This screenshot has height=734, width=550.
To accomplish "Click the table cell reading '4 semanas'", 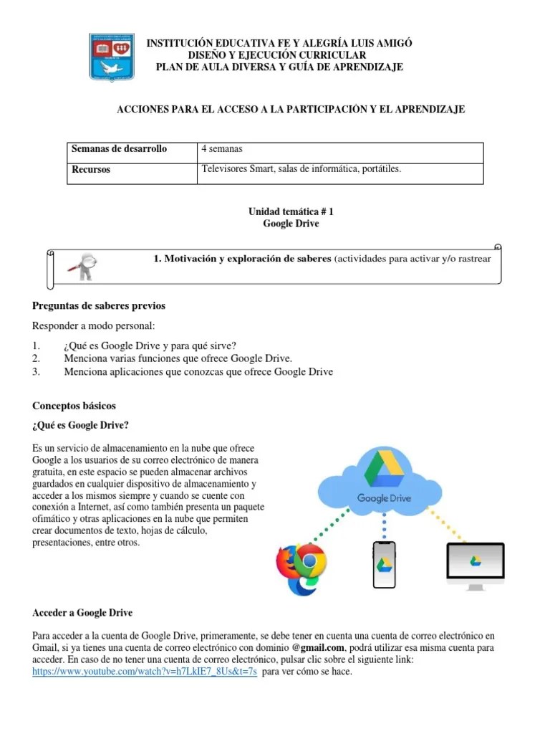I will pyautogui.click(x=222, y=149).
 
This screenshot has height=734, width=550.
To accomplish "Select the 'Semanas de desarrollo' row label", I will pyautogui.click(x=119, y=149).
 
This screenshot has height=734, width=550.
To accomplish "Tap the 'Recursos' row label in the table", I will pyautogui.click(x=91, y=171).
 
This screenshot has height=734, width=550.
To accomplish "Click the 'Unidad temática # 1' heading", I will pyautogui.click(x=291, y=212).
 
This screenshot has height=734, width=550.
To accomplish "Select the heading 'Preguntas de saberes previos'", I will pyautogui.click(x=99, y=306).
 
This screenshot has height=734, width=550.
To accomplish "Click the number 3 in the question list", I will pyautogui.click(x=36, y=371).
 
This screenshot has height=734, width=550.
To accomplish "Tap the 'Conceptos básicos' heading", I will pyautogui.click(x=74, y=406).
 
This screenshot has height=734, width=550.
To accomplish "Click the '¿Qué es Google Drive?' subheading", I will pyautogui.click(x=80, y=426).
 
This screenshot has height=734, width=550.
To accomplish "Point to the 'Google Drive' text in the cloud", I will pyautogui.click(x=384, y=498).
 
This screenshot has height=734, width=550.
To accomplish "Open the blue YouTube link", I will pyautogui.click(x=145, y=672).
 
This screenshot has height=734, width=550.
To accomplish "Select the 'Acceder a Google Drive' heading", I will pyautogui.click(x=82, y=613).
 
